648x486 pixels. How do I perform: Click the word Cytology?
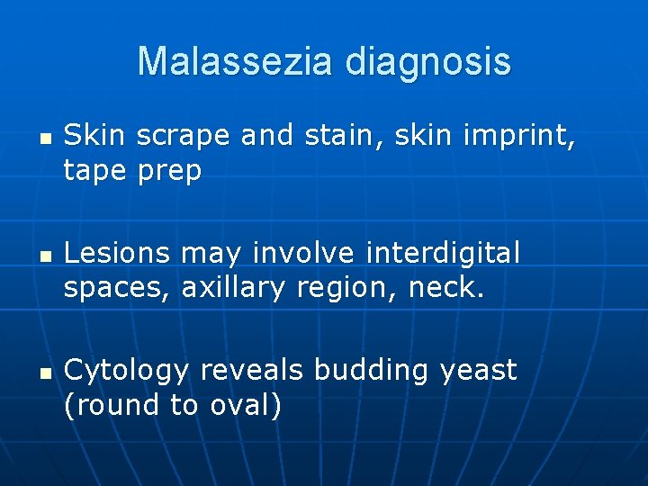128,371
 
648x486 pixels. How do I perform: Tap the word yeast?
479,371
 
